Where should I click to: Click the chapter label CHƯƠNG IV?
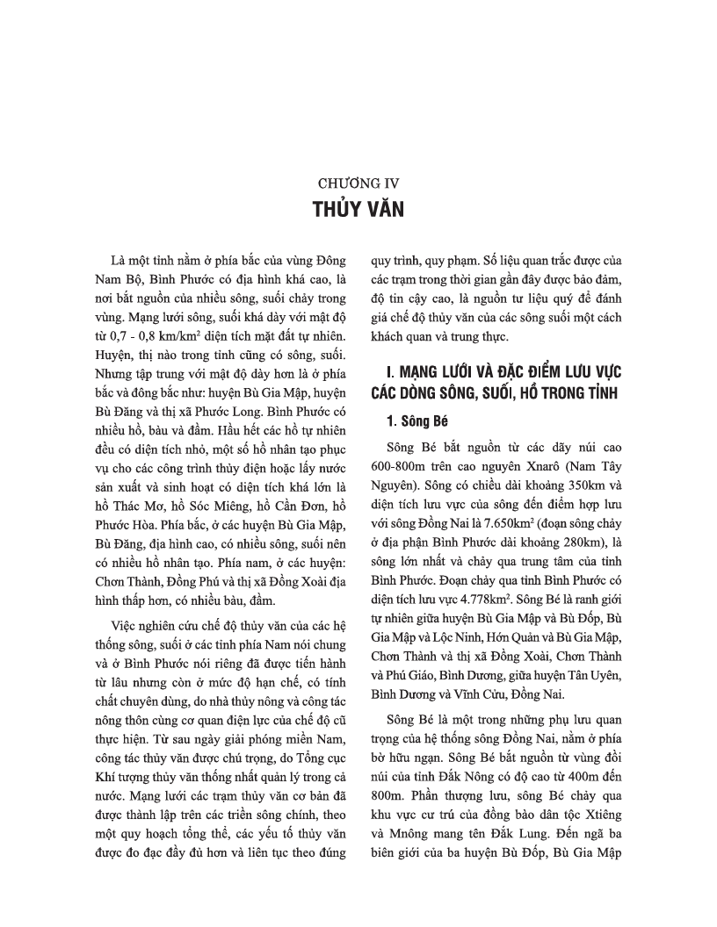(x=358, y=184)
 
